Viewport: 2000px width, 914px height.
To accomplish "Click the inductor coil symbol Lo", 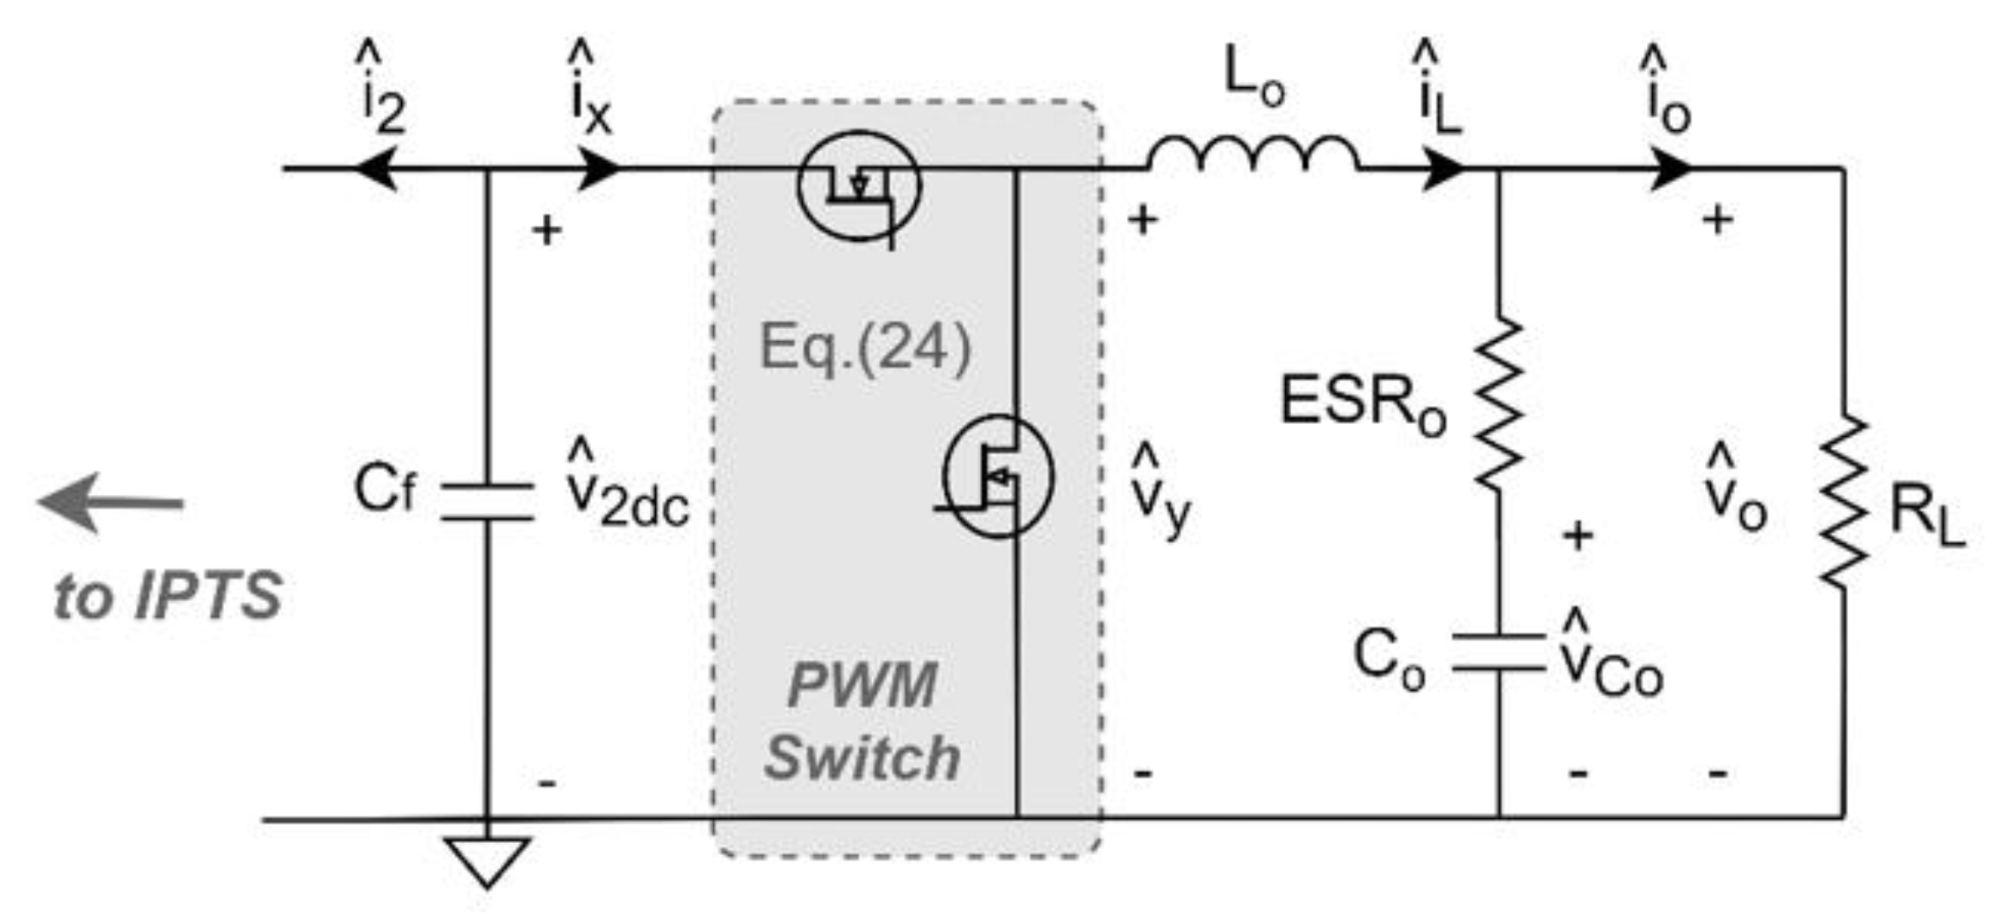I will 1253,156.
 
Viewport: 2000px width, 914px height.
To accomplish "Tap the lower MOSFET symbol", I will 999,476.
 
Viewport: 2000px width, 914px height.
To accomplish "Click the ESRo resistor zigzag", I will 1499,404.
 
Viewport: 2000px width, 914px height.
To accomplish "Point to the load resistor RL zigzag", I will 1844,502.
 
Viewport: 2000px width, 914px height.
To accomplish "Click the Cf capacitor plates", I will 487,502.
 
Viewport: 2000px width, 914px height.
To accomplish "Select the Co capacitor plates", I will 1499,652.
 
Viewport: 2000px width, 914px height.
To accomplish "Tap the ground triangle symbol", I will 487,859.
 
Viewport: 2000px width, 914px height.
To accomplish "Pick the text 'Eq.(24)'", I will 865,348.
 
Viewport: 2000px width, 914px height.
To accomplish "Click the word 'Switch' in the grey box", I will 862,758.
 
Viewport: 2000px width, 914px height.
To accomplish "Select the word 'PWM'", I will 862,685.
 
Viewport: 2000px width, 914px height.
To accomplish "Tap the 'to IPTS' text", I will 168,596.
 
